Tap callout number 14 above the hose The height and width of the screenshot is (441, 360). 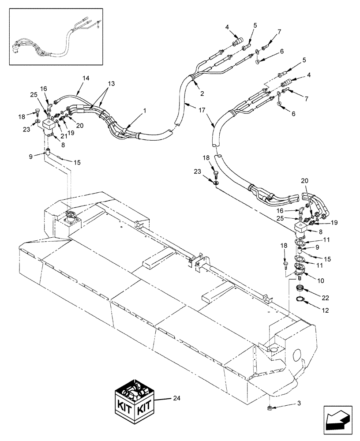point(86,78)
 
